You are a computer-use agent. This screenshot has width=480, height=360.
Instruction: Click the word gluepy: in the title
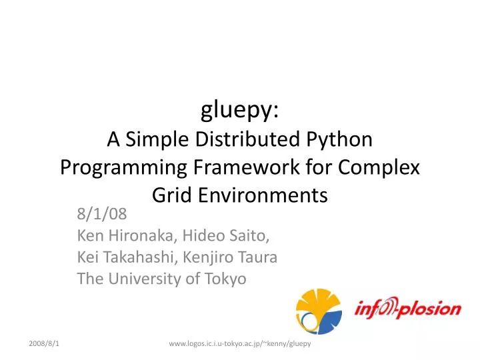point(240,111)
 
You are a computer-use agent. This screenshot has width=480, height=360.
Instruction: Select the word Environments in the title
point(261,195)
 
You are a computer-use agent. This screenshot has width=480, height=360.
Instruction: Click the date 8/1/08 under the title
point(101,215)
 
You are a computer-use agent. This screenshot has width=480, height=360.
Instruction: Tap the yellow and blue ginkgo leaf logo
point(318,311)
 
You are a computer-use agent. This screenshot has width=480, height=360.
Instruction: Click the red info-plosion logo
point(407,309)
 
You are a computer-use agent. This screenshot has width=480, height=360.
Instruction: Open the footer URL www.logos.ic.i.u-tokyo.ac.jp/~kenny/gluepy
point(240,343)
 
